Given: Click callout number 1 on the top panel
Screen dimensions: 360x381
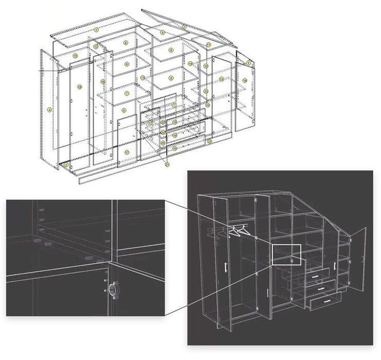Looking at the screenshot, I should [x=96, y=30].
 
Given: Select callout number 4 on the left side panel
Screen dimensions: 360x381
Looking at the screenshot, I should [x=49, y=110].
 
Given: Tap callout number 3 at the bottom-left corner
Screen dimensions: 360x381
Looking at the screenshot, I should [x=67, y=164].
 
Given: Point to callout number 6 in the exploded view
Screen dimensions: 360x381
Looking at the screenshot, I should [x=124, y=110].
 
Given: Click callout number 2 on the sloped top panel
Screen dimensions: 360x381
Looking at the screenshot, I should [x=184, y=26].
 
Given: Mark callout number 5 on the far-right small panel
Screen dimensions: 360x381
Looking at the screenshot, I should [x=248, y=63].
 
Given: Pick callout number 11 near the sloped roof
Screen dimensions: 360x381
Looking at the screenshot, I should [x=209, y=45].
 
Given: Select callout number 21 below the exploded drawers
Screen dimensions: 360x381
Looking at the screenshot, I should [x=166, y=164].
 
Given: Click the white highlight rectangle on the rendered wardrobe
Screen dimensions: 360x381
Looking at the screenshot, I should [x=286, y=254].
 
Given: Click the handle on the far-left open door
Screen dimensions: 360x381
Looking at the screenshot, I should [x=226, y=268].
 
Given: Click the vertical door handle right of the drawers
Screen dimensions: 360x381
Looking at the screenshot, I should [x=334, y=266].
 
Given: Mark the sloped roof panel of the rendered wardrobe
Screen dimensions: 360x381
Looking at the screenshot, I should [x=309, y=206].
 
